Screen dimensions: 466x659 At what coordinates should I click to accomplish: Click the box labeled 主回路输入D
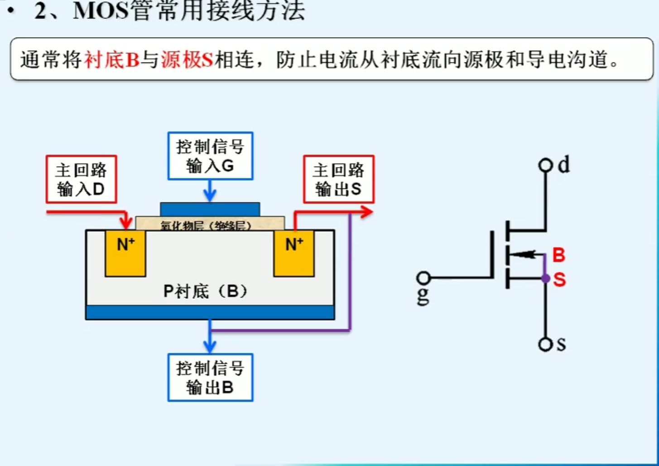[x=81, y=179]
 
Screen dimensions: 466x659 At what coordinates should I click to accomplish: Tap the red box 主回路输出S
[x=338, y=179]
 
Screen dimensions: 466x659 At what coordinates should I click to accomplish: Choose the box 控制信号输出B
[x=210, y=378]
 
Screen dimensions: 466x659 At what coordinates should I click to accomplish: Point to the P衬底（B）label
[x=206, y=291]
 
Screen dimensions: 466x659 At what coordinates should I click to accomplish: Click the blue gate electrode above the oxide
[x=210, y=209]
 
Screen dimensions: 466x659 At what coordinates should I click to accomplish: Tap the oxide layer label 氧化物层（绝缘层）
[x=206, y=225]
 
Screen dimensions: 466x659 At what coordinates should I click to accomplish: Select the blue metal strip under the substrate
[x=210, y=312]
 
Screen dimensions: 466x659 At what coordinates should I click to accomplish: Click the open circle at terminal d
[x=545, y=165]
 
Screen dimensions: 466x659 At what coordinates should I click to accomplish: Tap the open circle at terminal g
[x=423, y=278]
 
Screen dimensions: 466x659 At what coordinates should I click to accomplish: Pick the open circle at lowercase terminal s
[x=545, y=345]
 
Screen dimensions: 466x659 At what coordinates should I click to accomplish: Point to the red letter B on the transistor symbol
[x=559, y=255]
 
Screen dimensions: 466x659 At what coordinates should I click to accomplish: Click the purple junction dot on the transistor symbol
[x=546, y=279]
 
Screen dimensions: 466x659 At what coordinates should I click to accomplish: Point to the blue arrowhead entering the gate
[x=210, y=196]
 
